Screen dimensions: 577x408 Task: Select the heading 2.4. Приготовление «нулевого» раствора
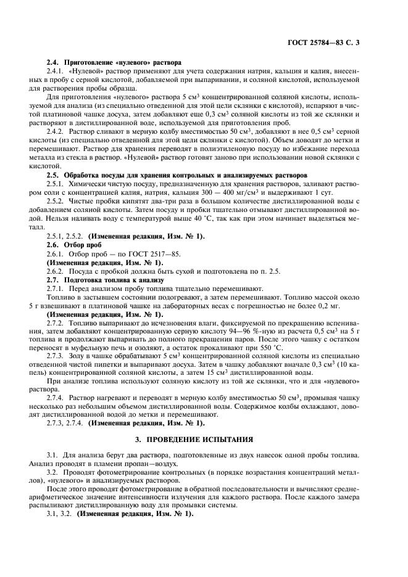pyautogui.click(x=114, y=63)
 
